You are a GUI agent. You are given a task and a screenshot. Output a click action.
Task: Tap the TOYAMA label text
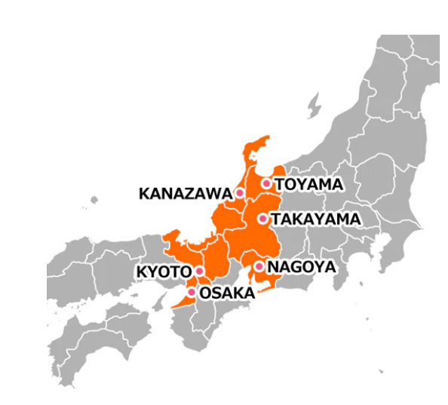(308, 184)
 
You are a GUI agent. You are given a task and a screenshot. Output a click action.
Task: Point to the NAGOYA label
(301, 267)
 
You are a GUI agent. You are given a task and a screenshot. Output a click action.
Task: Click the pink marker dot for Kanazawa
(240, 193)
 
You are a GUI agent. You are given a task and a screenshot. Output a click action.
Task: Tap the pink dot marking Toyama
(266, 183)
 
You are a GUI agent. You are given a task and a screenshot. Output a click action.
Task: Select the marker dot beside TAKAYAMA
(262, 219)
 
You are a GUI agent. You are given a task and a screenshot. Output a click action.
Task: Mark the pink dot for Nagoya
(259, 266)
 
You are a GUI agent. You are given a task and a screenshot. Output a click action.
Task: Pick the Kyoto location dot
(200, 271)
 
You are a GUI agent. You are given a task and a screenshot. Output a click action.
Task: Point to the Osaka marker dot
(192, 292)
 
